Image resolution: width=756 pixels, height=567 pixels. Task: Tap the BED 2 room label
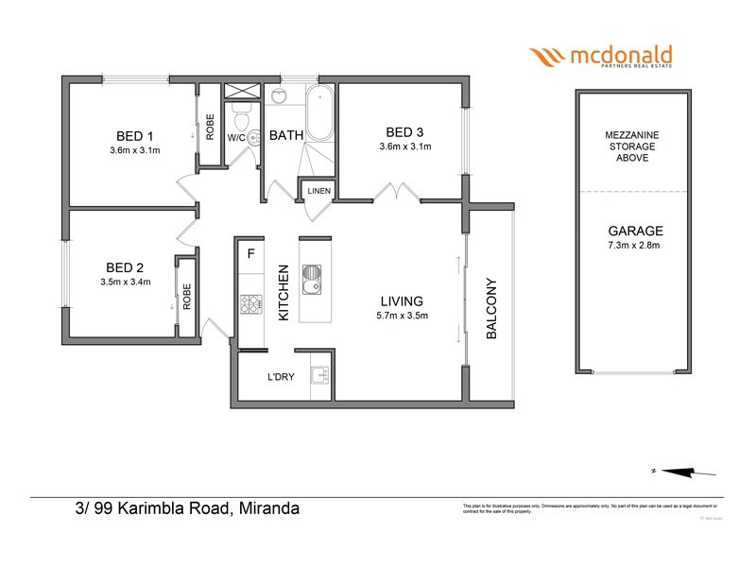126,266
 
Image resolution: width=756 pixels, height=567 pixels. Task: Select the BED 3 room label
404,131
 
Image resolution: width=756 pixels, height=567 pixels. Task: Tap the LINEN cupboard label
318,192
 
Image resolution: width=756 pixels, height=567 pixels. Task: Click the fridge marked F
251,253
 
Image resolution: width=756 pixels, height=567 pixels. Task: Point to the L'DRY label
282,377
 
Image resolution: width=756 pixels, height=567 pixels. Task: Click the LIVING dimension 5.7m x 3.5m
403,316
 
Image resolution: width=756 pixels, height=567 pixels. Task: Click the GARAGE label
635,231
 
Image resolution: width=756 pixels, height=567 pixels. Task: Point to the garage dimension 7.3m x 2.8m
635,246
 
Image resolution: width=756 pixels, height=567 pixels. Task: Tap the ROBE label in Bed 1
210,127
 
